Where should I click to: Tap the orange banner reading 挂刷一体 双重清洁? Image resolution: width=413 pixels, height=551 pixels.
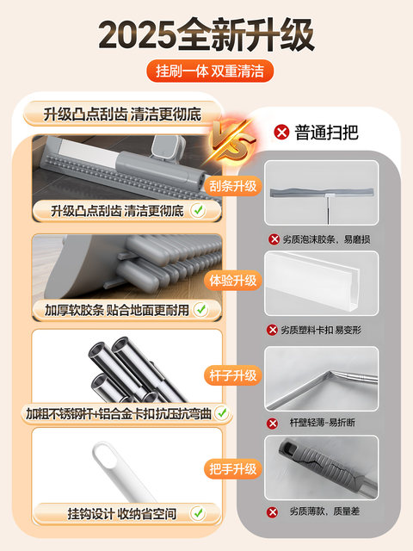(206, 71)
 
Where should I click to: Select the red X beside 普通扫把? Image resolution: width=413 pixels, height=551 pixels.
(280, 133)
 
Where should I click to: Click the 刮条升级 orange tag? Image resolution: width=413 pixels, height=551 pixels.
(233, 186)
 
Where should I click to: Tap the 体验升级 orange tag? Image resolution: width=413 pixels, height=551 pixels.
(233, 281)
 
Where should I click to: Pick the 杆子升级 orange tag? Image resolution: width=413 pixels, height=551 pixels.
(233, 375)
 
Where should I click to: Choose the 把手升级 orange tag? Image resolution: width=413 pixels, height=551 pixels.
(233, 469)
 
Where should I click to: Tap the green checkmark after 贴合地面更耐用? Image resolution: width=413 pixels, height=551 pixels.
(200, 307)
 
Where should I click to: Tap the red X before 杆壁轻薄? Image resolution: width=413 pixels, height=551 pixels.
(273, 423)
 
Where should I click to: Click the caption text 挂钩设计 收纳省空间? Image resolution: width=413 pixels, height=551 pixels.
(120, 514)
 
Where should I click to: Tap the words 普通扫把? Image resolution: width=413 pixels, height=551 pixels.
(326, 133)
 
